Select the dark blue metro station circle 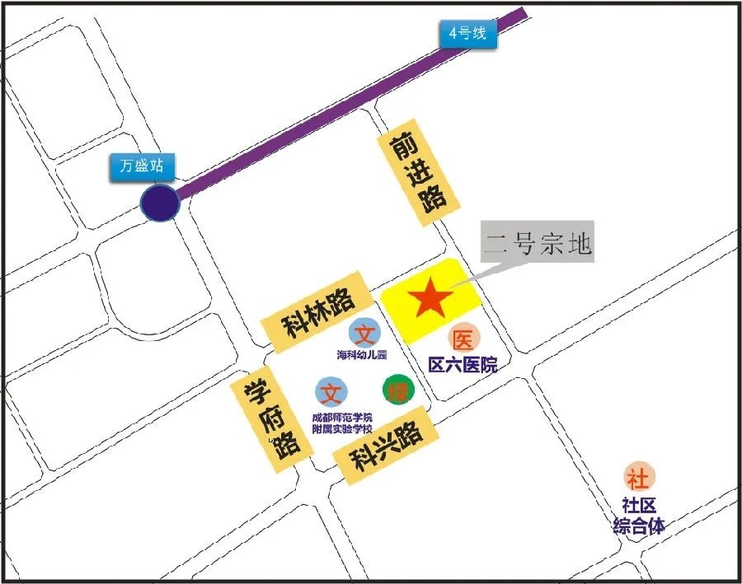coord(158,203)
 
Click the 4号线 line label coord(467,34)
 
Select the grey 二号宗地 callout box coord(538,243)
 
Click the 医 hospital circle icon coord(463,339)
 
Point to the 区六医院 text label coord(463,364)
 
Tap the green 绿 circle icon coord(397,390)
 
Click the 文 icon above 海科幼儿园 coord(363,334)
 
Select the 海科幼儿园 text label coord(362,356)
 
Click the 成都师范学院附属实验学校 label coord(341,423)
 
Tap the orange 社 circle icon coord(637,476)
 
